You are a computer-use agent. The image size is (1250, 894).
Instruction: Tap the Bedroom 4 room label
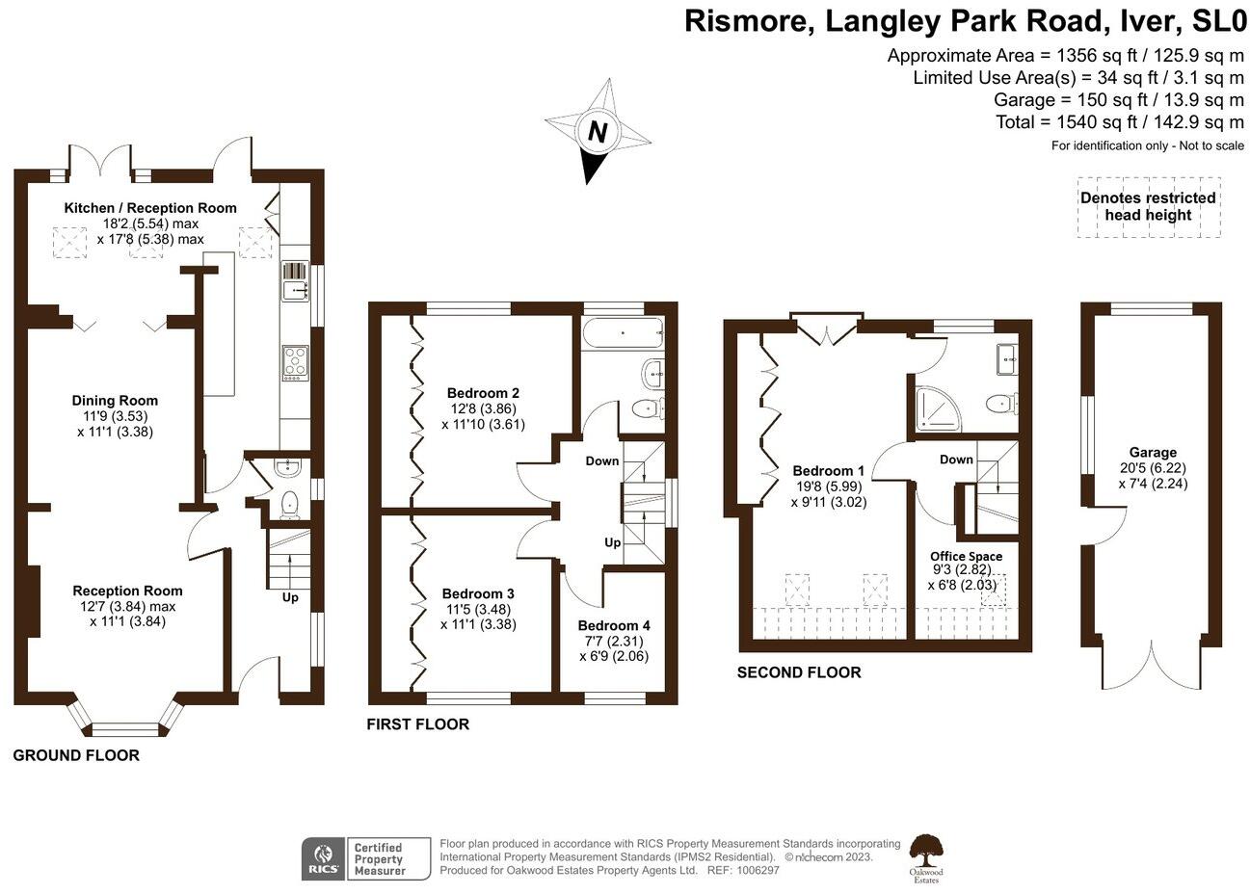click(x=614, y=625)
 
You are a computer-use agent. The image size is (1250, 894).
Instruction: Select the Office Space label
click(x=966, y=556)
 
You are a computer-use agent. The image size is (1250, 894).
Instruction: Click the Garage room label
click(x=1153, y=452)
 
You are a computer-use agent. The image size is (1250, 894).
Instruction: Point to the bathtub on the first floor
click(x=622, y=334)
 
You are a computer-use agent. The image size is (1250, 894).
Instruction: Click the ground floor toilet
click(x=289, y=504)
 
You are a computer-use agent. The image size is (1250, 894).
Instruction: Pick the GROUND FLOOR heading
click(x=76, y=755)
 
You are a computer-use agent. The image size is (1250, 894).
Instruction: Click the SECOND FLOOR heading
click(x=799, y=672)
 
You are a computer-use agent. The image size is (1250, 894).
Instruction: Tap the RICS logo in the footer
click(x=322, y=857)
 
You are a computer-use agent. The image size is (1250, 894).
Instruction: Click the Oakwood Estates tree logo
click(x=927, y=854)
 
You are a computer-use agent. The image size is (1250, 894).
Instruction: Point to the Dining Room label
click(x=115, y=401)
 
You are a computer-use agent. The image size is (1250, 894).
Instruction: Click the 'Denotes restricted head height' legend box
click(x=1148, y=206)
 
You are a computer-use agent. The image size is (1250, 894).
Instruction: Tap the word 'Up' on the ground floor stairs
click(x=290, y=597)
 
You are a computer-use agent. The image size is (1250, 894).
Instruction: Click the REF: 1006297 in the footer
click(x=743, y=870)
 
